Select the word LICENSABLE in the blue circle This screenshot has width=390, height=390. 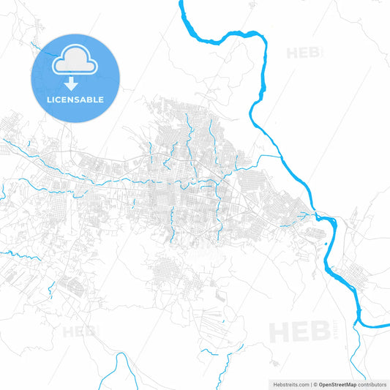click(75, 99)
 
